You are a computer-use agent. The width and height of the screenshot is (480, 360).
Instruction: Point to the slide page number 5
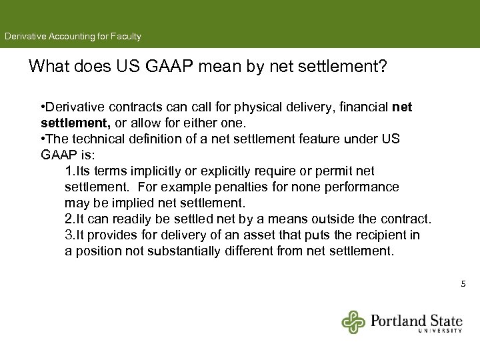pos(463,285)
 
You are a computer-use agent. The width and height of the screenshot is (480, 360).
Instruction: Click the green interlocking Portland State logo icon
pos(354,322)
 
